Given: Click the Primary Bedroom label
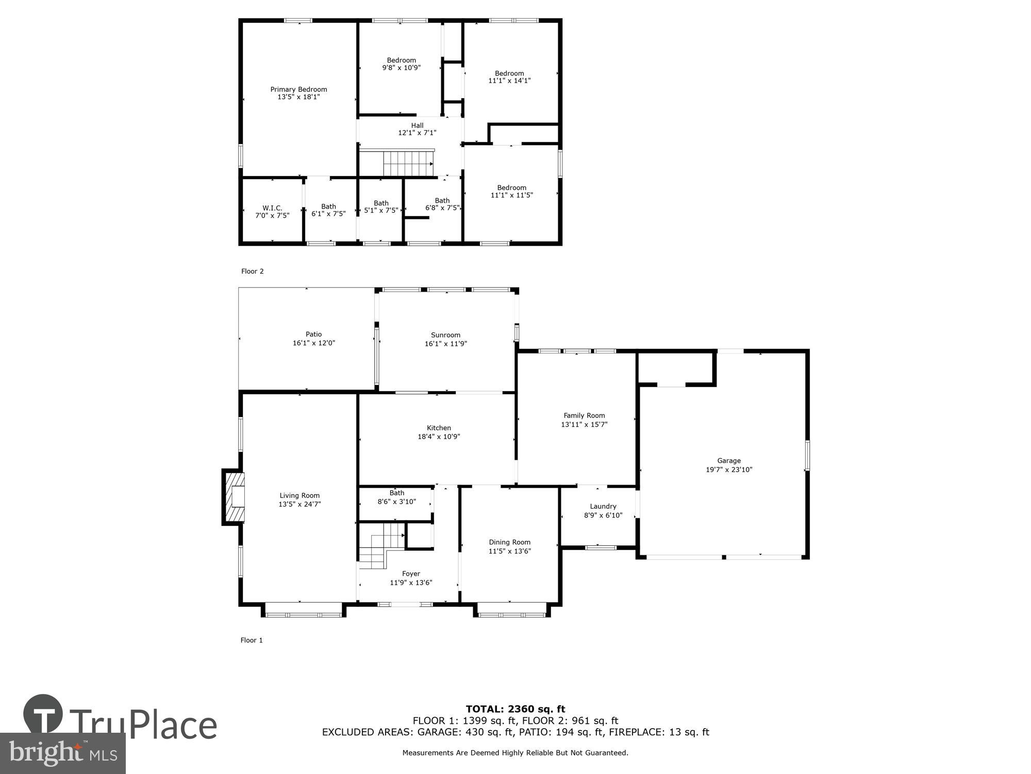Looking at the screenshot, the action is (x=298, y=89).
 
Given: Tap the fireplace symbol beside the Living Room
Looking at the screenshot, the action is (x=235, y=497).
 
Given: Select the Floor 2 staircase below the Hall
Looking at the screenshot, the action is (x=407, y=163).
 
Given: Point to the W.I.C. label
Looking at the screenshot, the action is (x=272, y=208).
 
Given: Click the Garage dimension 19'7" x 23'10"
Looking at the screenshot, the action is (x=729, y=470).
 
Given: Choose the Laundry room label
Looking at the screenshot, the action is (x=603, y=506).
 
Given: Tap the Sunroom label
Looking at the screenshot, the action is (x=445, y=335).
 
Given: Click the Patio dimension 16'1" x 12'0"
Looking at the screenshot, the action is (x=313, y=343).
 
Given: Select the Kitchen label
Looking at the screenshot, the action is (x=439, y=428).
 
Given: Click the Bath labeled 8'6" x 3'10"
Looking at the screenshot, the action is (x=396, y=497).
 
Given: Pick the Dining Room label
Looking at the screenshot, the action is (x=509, y=542).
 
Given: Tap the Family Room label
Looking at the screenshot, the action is (x=584, y=415).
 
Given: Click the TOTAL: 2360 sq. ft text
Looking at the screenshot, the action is (x=515, y=709).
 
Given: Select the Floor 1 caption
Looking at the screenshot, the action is (x=252, y=640).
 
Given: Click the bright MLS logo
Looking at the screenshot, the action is (x=62, y=753).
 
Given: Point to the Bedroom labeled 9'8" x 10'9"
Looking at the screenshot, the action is (x=401, y=64).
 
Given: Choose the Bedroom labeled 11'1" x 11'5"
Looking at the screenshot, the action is (x=511, y=191).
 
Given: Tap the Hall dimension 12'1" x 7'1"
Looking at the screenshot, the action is (x=417, y=133).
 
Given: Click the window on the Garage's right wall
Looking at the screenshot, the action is (x=807, y=455).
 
